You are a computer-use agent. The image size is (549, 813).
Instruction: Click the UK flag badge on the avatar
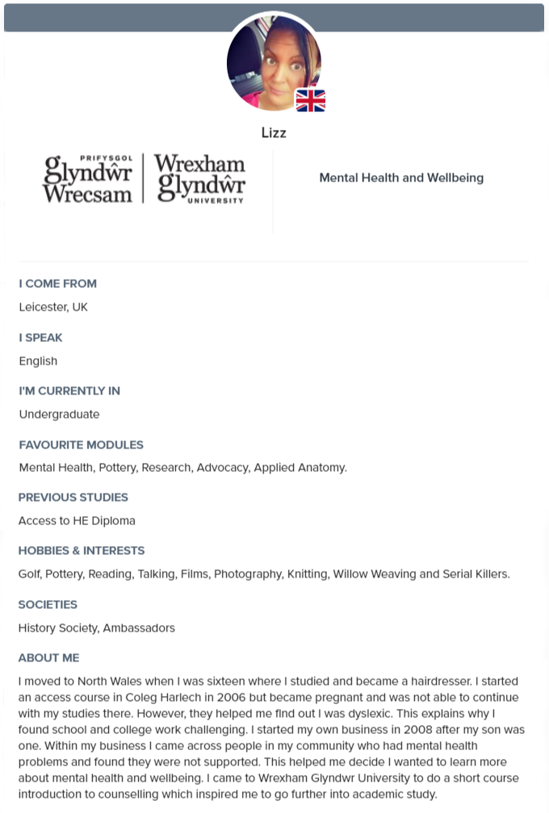point(311,100)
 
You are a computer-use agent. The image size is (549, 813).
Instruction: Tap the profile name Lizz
point(274,132)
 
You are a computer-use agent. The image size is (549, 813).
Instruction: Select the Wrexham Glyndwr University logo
point(145,178)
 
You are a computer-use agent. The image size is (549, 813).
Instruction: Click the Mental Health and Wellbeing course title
point(401,177)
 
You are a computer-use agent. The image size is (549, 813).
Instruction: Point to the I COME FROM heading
point(58,284)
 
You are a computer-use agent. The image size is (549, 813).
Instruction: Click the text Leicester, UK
point(53,307)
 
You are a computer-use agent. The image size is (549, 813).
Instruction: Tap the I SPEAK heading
point(41,337)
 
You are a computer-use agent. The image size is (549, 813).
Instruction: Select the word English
point(39,361)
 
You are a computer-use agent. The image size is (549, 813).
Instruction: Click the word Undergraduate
point(60,415)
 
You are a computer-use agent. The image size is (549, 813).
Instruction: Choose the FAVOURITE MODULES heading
point(82,444)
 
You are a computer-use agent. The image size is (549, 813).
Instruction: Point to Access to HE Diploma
point(77,521)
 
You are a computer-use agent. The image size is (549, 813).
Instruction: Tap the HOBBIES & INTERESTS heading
point(82,551)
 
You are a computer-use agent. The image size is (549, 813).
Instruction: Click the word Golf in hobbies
point(29,574)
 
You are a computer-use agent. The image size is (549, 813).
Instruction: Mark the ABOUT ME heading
point(49,658)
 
